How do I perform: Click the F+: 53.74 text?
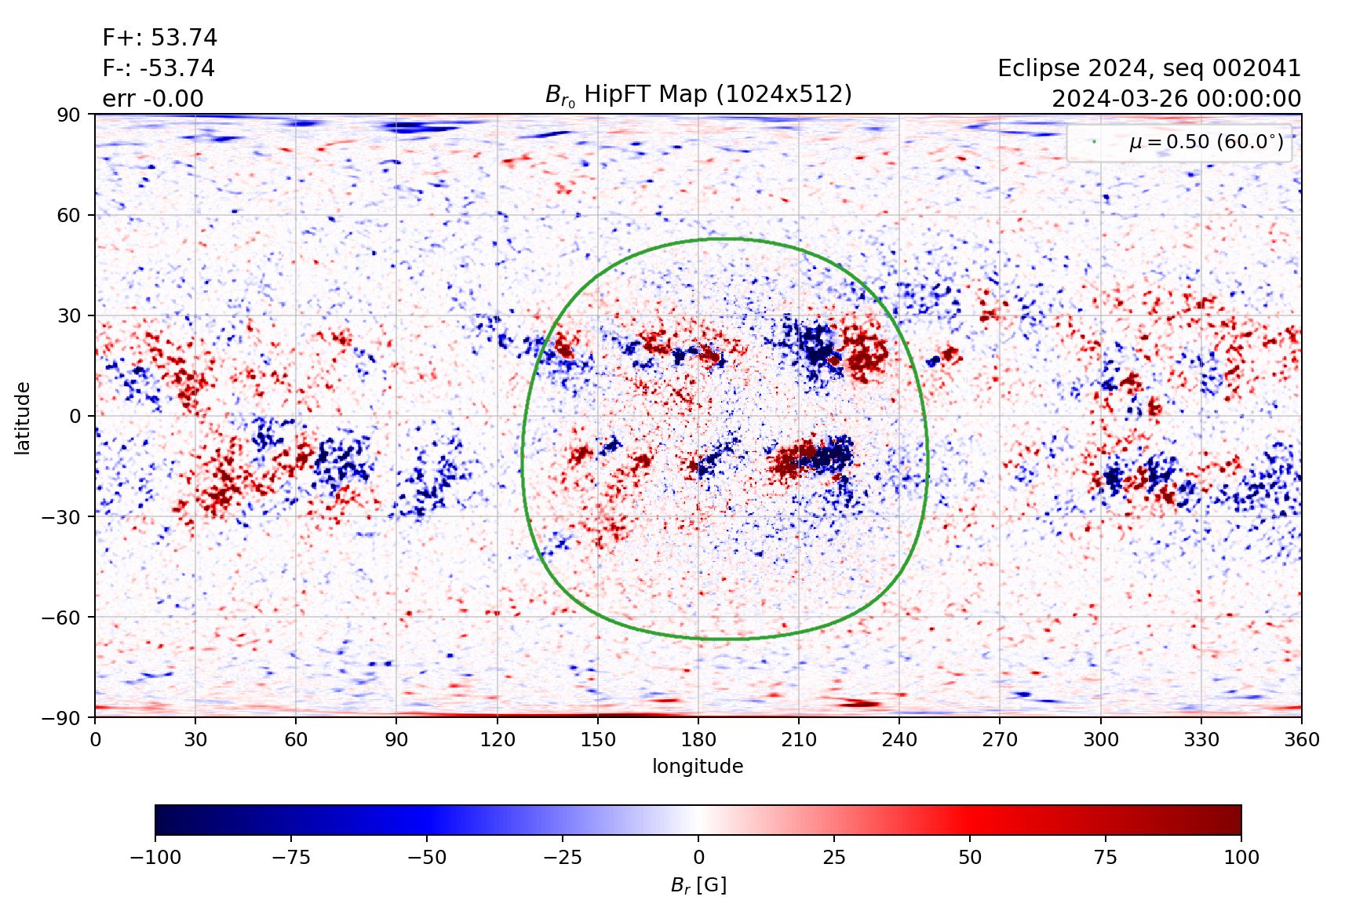159,38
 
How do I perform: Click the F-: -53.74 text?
159,68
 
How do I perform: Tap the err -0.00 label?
153,99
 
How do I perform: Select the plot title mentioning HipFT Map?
698,95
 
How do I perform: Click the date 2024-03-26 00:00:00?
1176,99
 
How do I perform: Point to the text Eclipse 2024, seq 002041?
1149,68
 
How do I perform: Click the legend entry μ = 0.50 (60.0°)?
1205,142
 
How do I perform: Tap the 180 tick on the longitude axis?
698,739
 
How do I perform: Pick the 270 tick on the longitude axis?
1000,739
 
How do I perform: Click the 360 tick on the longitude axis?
1301,739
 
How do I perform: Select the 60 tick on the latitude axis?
69,215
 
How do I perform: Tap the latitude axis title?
23,417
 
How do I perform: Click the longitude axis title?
698,766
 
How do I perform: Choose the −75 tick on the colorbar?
291,857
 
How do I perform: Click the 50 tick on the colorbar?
970,857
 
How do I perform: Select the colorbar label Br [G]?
698,885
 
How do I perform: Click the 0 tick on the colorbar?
698,857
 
